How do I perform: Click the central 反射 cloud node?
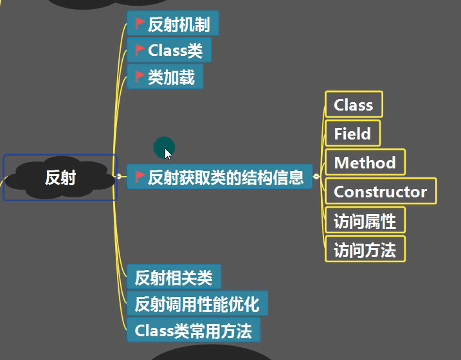60,177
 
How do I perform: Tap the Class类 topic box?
169,50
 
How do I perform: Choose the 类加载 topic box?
165,76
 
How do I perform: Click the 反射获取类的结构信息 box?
220,177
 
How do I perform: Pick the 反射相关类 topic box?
174,278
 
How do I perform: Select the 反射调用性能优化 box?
197,303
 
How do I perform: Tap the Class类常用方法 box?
193,330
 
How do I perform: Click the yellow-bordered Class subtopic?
354,105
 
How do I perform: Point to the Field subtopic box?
352,134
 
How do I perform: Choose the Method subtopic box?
365,163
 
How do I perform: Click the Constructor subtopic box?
381,192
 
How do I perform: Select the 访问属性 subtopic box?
365,221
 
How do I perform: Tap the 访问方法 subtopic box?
365,249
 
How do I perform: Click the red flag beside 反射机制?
140,24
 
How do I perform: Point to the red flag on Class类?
140,50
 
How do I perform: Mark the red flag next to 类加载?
140,76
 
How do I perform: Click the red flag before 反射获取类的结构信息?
140,177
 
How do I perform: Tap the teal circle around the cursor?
164,147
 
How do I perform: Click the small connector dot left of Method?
316,176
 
